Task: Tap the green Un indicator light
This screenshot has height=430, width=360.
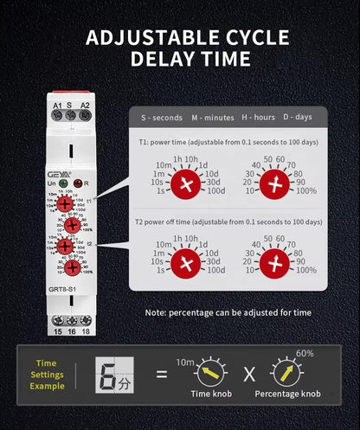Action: click(x=65, y=183)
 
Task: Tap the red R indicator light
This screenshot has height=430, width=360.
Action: click(x=79, y=183)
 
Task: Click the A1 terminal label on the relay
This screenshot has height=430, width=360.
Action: click(x=55, y=106)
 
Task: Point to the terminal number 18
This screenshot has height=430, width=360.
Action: click(x=85, y=331)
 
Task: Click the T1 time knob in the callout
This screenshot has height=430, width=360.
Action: click(x=185, y=183)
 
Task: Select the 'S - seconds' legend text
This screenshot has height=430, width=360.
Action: click(x=160, y=117)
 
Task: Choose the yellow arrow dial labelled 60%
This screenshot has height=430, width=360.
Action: click(x=288, y=375)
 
